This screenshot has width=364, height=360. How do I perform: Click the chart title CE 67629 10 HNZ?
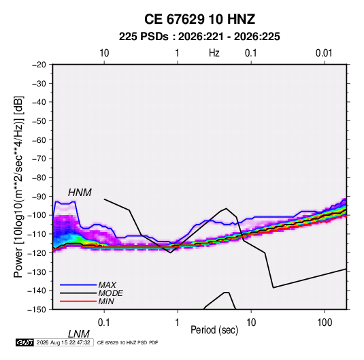tap(199, 19)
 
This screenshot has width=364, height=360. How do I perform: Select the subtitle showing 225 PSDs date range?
tap(199, 37)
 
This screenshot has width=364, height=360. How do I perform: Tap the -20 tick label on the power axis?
tap(39, 65)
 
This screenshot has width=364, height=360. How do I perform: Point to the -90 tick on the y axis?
tap(39, 197)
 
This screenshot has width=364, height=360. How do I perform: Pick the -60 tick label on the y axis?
tap(39, 140)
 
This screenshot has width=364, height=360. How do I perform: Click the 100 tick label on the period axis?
tap(325, 323)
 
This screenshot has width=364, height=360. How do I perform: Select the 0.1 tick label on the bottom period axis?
tap(104, 323)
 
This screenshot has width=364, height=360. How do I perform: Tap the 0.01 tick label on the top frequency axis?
tap(324, 53)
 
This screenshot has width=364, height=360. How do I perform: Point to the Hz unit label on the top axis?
tap(214, 53)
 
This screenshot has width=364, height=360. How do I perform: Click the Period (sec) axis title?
tap(214, 330)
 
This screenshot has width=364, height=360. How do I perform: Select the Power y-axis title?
tap(18, 186)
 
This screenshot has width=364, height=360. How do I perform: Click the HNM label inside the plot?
tap(80, 193)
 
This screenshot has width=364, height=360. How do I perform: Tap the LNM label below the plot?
tap(78, 334)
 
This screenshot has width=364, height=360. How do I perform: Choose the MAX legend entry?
tap(107, 284)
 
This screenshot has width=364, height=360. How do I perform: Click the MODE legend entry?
tap(110, 293)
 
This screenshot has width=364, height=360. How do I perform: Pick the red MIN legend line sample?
tap(78, 301)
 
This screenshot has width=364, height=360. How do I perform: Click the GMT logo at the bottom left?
tap(24, 342)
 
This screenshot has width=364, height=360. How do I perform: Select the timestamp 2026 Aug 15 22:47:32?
tap(63, 342)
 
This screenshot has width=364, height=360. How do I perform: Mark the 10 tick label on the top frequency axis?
tap(104, 53)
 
